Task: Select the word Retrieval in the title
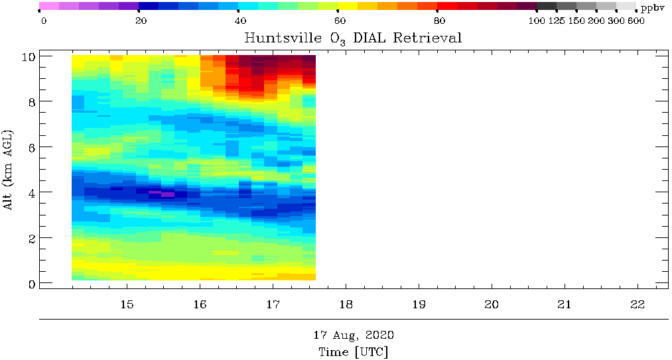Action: (x=427, y=38)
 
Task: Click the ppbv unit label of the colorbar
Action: (x=652, y=8)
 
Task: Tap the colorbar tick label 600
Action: (x=636, y=21)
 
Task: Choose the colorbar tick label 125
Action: (x=557, y=21)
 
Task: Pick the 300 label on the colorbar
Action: (x=616, y=21)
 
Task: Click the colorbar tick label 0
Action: (x=44, y=21)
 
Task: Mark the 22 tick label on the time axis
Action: (x=638, y=304)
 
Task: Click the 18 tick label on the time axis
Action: (x=346, y=304)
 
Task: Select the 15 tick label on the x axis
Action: (x=127, y=304)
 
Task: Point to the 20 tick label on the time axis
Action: (x=492, y=304)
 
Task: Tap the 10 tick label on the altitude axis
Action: (x=29, y=56)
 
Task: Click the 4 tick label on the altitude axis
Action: (x=32, y=192)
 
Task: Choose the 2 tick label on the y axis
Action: (x=32, y=238)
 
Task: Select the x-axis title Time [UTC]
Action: (x=353, y=352)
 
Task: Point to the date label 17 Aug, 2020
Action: (x=353, y=335)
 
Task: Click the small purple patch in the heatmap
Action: (x=162, y=194)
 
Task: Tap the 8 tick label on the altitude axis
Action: (x=32, y=101)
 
